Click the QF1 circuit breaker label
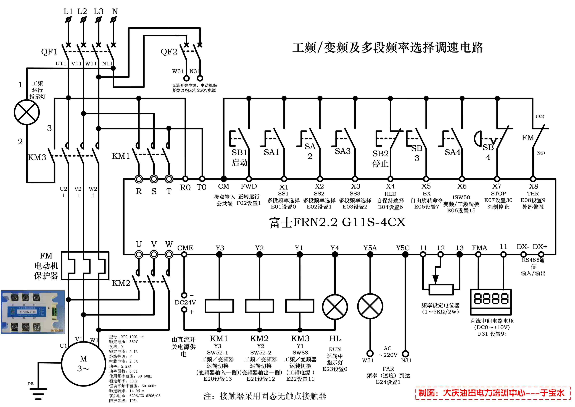[49, 52]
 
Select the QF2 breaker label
[169, 52]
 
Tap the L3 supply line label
[98, 12]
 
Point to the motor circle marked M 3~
[83, 364]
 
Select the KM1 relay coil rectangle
[219, 306]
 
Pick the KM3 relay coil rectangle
[300, 306]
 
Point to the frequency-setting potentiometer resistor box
[441, 289]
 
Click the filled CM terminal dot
[224, 179]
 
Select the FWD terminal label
[249, 186]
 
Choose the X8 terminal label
[533, 186]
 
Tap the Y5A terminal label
[370, 248]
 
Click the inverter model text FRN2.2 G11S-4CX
[337, 222]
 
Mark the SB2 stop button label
[380, 153]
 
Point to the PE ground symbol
[38, 393]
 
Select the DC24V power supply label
[185, 302]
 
